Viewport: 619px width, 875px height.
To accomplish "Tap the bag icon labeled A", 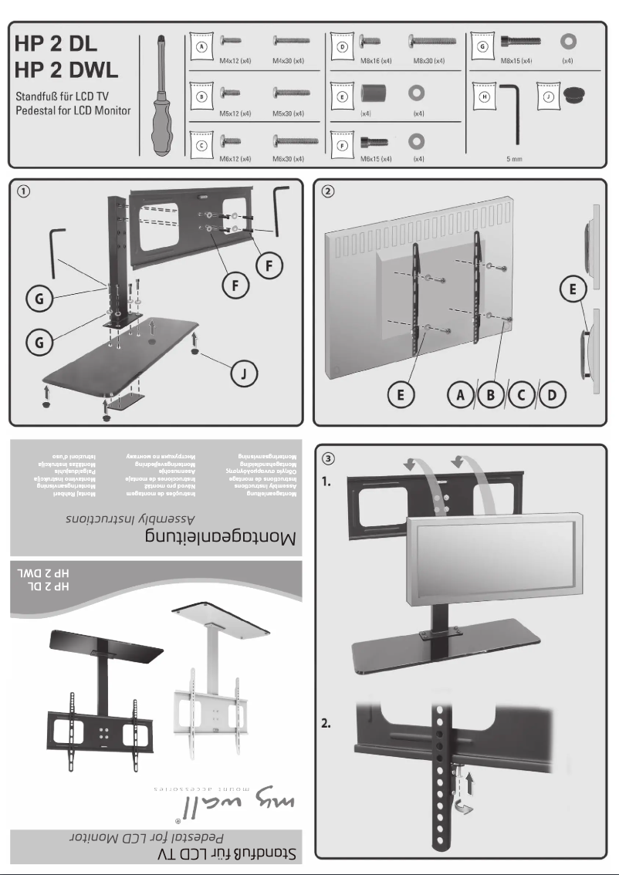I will (x=201, y=46).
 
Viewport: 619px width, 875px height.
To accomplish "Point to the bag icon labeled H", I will (x=484, y=99).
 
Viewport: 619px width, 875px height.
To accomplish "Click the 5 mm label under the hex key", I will (x=513, y=158).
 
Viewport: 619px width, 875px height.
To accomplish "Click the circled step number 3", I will (x=329, y=458).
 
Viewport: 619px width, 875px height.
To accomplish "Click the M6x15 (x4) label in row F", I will (x=376, y=158).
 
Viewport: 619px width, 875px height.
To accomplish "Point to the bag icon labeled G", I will (x=483, y=46).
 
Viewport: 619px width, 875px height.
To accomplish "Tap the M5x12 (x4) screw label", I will (x=235, y=113).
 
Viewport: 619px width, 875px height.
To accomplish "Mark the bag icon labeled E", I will (x=343, y=99).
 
